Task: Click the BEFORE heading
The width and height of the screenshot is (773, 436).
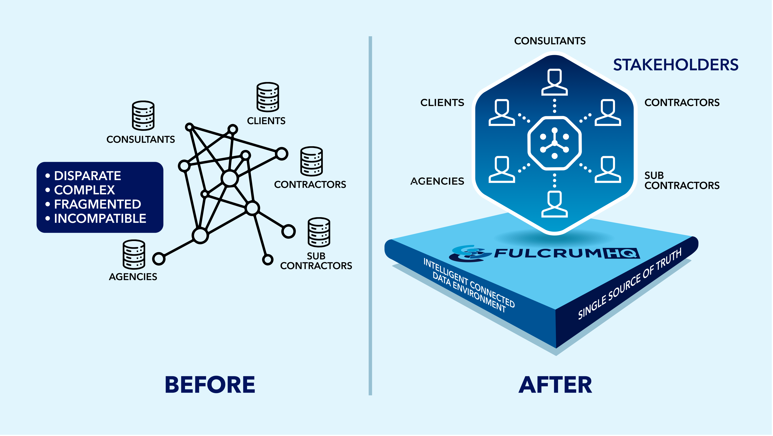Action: [x=210, y=385]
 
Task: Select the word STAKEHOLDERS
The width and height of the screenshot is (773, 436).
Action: [x=676, y=65]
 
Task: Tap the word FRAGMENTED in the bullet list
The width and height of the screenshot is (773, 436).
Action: [x=97, y=204]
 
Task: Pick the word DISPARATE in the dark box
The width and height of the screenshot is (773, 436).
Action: [x=87, y=176]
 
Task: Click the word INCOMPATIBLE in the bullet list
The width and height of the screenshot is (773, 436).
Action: [x=100, y=218]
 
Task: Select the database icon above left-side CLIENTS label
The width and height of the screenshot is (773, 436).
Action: [x=268, y=97]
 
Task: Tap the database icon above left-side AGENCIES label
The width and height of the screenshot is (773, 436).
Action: [x=134, y=255]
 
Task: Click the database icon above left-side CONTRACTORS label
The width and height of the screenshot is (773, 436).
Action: [x=312, y=161]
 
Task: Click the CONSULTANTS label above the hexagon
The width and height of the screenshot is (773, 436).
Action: [x=550, y=41]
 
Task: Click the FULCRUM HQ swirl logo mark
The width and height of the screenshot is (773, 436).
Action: [x=467, y=253]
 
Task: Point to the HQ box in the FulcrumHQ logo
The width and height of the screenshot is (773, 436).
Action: [x=621, y=253]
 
